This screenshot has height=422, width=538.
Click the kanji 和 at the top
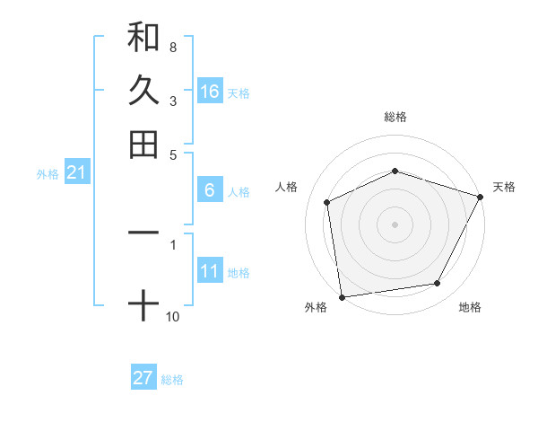pyautogui.click(x=143, y=37)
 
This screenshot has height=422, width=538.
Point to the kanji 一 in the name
pyautogui.click(x=143, y=233)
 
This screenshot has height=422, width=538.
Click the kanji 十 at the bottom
pyautogui.click(x=143, y=305)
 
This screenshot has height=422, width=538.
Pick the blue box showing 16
pyautogui.click(x=210, y=92)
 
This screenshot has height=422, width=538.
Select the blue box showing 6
pyautogui.click(x=210, y=190)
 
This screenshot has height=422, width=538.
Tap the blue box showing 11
pyautogui.click(x=210, y=271)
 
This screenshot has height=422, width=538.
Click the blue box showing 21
pyautogui.click(x=75, y=172)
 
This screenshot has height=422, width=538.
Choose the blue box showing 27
pyautogui.click(x=143, y=378)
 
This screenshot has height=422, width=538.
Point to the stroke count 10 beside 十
pyautogui.click(x=172, y=316)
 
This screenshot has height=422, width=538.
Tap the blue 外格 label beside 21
pyautogui.click(x=48, y=174)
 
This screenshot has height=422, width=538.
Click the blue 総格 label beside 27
pyautogui.click(x=172, y=380)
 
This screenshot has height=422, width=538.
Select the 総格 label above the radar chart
pyautogui.click(x=395, y=117)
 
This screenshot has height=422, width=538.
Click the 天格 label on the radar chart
pyautogui.click(x=504, y=187)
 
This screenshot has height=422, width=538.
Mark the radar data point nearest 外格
pyautogui.click(x=342, y=296)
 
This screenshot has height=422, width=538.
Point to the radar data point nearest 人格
pyautogui.click(x=327, y=202)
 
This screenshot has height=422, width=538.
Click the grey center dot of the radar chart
pyautogui.click(x=395, y=224)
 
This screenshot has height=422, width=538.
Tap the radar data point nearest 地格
pyautogui.click(x=438, y=284)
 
